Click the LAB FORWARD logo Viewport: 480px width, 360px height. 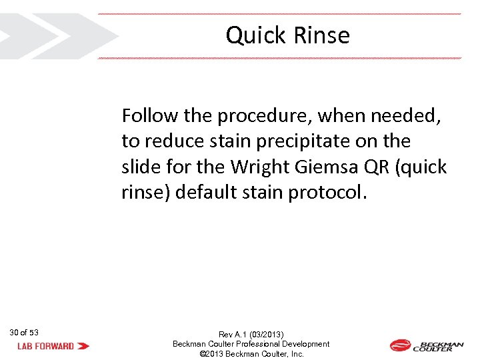pyautogui.click(x=53, y=346)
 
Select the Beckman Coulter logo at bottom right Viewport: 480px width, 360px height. pyautogui.click(x=426, y=346)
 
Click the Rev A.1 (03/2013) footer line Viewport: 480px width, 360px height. pyautogui.click(x=251, y=334)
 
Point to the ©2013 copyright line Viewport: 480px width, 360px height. pyautogui.click(x=251, y=354)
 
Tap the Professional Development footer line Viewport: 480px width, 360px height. pyautogui.click(x=251, y=344)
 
